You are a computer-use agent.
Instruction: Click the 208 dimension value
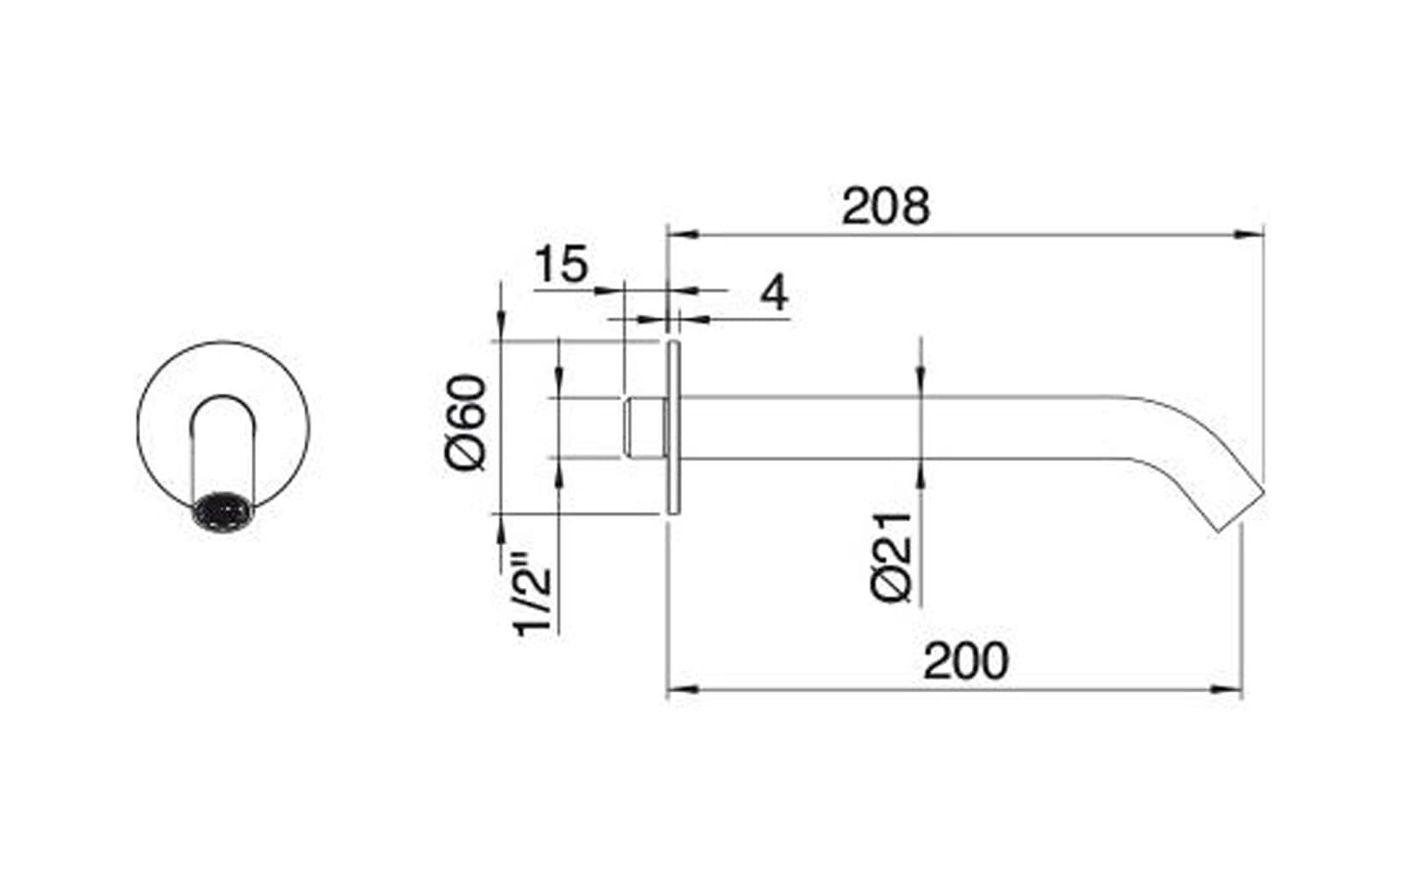pyautogui.click(x=884, y=207)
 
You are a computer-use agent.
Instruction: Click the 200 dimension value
pyautogui.click(x=965, y=661)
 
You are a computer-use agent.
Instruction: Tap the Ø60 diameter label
pyautogui.click(x=466, y=422)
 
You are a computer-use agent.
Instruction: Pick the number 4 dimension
pyautogui.click(x=774, y=294)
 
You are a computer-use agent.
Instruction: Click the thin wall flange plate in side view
pyautogui.click(x=673, y=428)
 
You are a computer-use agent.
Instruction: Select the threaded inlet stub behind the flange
pyautogui.click(x=644, y=428)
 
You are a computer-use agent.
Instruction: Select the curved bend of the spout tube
pyautogui.click(x=1181, y=436)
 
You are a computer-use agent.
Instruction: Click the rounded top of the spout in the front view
pyautogui.click(x=222, y=402)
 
